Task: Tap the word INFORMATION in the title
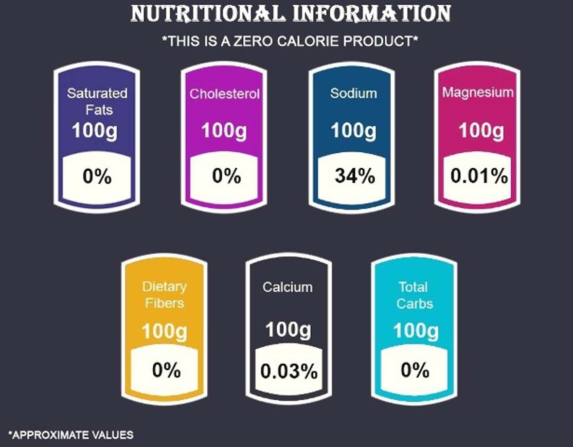click(372, 14)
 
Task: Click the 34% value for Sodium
click(355, 176)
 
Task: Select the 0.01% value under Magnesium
click(479, 176)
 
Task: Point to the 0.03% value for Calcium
click(289, 371)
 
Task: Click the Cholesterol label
click(224, 94)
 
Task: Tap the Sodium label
click(353, 94)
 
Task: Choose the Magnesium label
click(478, 93)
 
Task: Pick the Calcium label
click(288, 287)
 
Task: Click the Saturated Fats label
click(97, 101)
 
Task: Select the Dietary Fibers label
click(165, 295)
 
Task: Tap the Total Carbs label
click(415, 295)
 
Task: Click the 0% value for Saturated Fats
click(97, 177)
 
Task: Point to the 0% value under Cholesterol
click(226, 176)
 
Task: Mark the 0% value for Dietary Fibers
click(166, 370)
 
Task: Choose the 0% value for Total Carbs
click(415, 370)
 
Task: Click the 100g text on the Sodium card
click(353, 131)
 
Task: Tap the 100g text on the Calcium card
click(288, 330)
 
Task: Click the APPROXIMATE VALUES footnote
click(70, 435)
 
